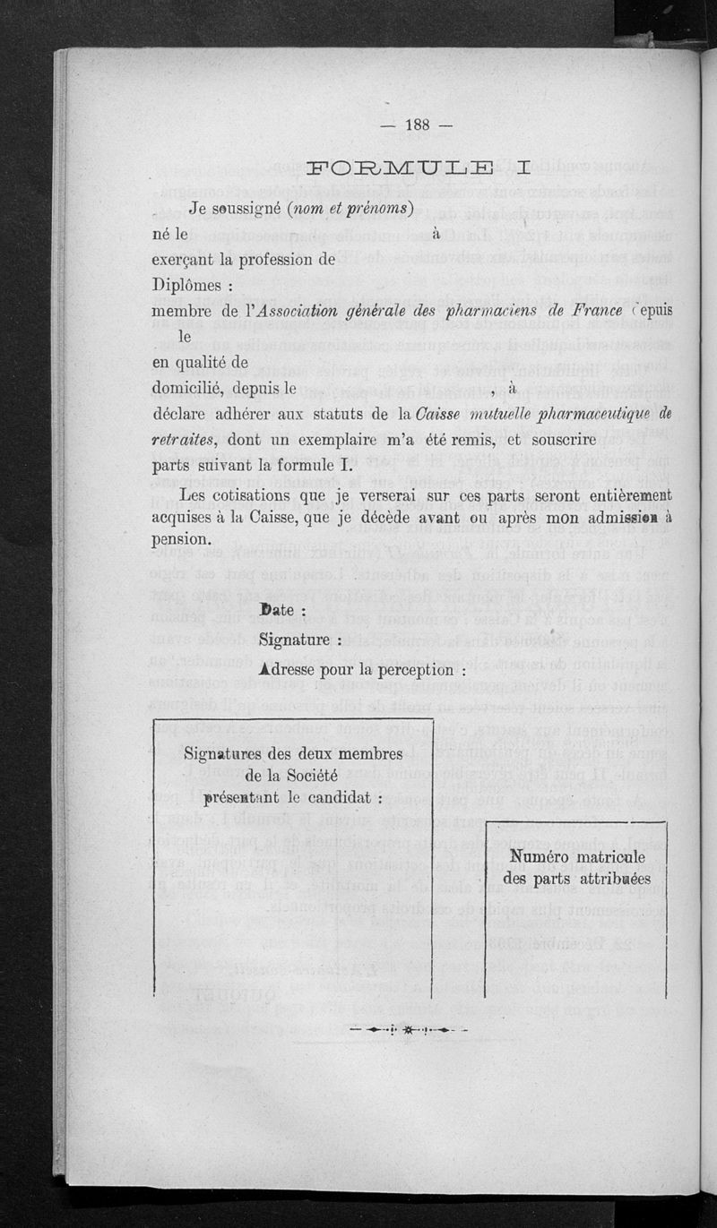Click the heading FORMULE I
pos(419,167)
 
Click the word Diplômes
pos(190,286)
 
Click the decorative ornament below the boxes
pos(408,1029)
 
